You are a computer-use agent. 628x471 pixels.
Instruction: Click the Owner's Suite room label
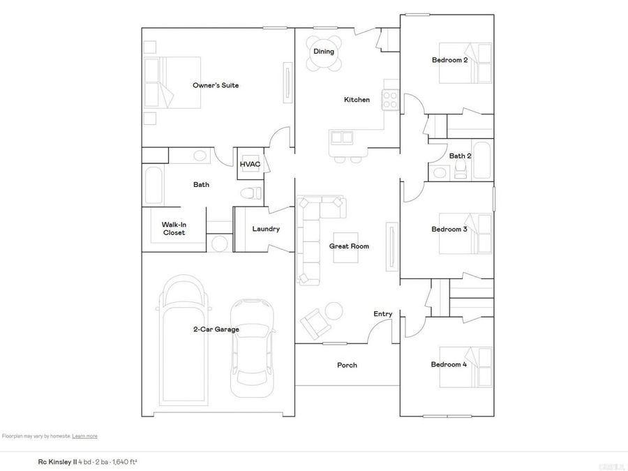(x=216, y=85)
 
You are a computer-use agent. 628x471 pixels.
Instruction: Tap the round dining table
(x=324, y=54)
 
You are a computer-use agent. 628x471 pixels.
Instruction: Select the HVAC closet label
(x=250, y=165)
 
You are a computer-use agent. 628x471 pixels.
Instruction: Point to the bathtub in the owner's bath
(x=154, y=185)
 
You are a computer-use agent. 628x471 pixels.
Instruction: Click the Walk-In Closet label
(x=174, y=228)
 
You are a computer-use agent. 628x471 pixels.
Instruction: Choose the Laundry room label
(x=266, y=229)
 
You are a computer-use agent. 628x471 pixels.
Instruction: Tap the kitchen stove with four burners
(x=389, y=100)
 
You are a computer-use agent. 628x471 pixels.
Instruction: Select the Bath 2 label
(x=460, y=156)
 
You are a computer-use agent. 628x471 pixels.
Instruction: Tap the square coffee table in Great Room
(x=345, y=247)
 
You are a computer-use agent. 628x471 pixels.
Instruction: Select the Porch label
(x=347, y=365)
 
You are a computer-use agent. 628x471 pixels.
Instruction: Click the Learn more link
(x=84, y=436)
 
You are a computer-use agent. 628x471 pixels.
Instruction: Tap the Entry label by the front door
(x=382, y=314)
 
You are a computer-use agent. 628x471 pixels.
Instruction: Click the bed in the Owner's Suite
(x=172, y=82)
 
